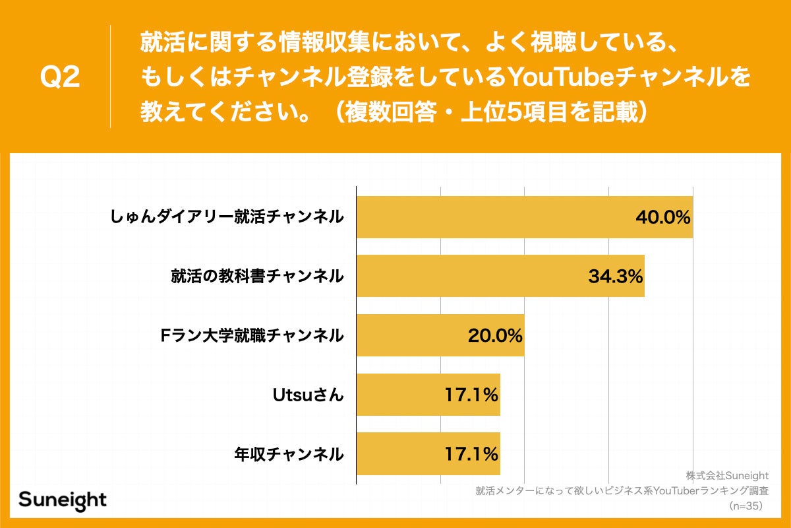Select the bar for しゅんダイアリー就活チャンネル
click(x=494, y=217)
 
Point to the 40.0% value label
click(x=662, y=217)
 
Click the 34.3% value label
click(x=615, y=276)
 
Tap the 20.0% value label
click(x=495, y=335)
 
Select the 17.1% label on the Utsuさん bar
click(x=471, y=395)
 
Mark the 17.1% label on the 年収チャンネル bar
click(x=471, y=454)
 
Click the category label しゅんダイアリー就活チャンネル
click(x=227, y=217)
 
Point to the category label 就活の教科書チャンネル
click(x=256, y=276)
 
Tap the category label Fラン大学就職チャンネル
click(x=252, y=335)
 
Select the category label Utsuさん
click(x=308, y=395)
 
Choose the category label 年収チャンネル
click(x=289, y=454)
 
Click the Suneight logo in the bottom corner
click(x=63, y=500)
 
